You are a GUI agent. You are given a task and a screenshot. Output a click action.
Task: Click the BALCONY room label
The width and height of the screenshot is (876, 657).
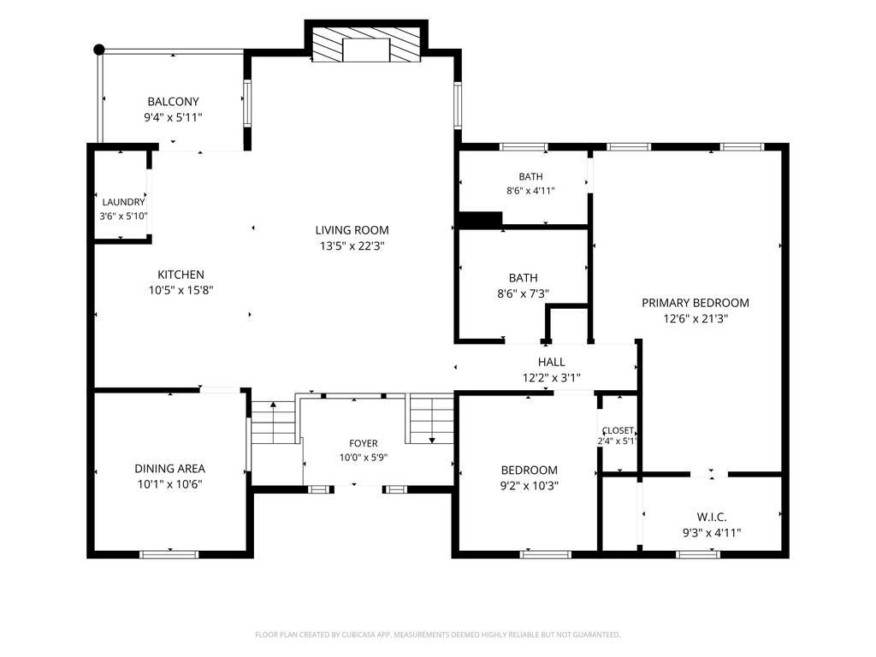(173, 102)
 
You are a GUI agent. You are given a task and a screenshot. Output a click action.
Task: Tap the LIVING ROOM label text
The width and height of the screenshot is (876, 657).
(352, 230)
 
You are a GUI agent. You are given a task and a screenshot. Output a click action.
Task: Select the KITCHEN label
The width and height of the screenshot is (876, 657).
(181, 275)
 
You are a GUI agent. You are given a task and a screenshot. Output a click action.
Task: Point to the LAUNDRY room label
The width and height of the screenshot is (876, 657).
(123, 202)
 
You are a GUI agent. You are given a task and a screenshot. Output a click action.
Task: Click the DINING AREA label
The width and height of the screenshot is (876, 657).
(170, 469)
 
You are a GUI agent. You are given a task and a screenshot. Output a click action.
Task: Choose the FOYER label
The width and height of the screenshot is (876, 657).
(363, 444)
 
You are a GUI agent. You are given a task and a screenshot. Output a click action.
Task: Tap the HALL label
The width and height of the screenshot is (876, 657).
(552, 362)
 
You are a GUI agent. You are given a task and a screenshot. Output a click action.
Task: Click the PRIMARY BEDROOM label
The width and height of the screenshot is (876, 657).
(695, 303)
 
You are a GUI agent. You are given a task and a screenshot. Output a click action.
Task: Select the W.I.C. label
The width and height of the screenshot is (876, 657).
(712, 518)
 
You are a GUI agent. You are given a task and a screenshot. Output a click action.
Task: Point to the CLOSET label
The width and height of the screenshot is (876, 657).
(618, 431)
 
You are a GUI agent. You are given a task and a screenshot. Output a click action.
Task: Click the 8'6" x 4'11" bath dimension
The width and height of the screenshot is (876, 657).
(530, 191)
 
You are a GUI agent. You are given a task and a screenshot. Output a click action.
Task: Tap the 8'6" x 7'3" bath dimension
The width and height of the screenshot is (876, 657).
(523, 293)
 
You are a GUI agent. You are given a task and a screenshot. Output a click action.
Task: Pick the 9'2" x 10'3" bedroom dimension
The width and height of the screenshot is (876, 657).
(529, 486)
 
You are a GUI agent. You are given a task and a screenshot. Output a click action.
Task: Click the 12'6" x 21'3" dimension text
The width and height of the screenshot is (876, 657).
(695, 319)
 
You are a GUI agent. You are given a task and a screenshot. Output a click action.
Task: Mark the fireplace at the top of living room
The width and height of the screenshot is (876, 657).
(366, 44)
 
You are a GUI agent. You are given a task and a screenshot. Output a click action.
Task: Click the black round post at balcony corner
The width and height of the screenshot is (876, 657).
(99, 50)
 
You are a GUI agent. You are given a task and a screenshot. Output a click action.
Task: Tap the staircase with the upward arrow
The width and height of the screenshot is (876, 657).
(273, 423)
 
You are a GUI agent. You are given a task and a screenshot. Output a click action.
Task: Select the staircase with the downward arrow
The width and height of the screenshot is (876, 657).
(432, 419)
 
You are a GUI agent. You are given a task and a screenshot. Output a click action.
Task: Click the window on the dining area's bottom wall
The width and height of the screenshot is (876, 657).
(169, 554)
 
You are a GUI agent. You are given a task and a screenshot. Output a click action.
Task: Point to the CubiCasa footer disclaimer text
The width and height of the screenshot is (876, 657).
(437, 635)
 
